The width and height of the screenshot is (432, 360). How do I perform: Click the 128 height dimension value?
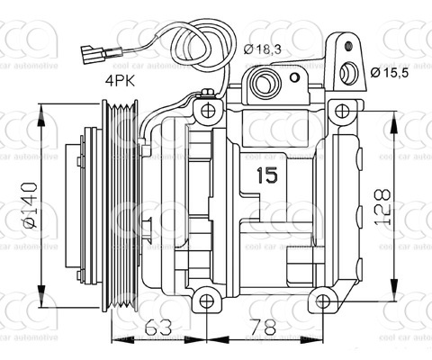tap(410, 205)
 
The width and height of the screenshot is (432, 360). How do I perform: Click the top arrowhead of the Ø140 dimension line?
tap(41, 110)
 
